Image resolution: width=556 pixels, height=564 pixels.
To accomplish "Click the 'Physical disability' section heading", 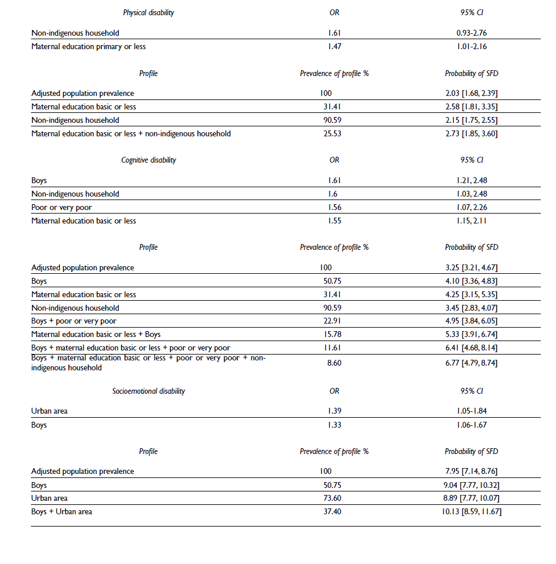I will point(148,12).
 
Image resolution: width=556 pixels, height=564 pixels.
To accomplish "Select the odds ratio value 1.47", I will point(334,46).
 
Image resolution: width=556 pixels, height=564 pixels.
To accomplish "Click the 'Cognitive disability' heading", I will point(149,160).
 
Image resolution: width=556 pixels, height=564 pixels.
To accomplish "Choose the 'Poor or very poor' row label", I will point(62,207).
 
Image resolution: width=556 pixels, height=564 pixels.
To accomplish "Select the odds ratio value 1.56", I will point(334,207).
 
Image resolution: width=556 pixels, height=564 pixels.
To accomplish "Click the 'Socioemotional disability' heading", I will point(149,391).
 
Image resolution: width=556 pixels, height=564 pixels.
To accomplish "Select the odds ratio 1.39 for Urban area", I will point(334,411).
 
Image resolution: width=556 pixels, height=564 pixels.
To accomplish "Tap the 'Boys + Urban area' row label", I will point(61,512).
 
